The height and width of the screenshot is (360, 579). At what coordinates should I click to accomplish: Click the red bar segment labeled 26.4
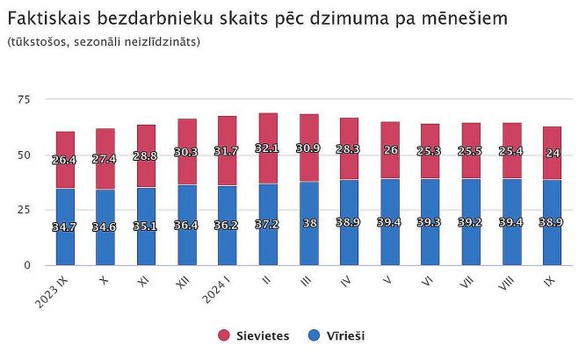point(65,160)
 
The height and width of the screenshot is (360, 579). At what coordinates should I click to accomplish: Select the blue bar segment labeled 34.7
point(65,227)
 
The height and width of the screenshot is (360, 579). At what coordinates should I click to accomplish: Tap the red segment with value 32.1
point(268,148)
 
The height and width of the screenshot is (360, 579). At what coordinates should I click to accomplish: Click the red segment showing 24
point(553,154)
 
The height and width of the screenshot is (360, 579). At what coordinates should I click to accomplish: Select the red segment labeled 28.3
point(350,149)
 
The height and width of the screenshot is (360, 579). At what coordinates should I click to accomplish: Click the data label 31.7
point(228,151)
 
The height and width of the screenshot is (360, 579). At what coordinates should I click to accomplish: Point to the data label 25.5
point(472,151)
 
